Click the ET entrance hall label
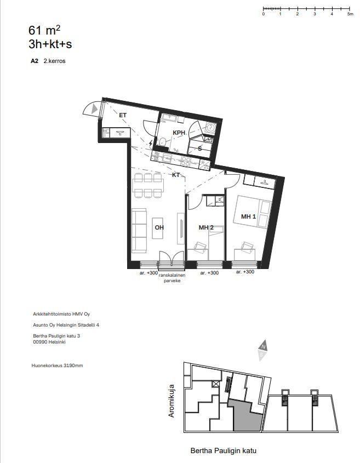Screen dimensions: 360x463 [x=123, y=115]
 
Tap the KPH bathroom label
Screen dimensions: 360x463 [x=179, y=133]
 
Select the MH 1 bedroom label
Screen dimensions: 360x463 [x=248, y=216]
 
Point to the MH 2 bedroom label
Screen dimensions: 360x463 [x=206, y=227]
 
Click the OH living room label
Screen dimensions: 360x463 [x=159, y=227]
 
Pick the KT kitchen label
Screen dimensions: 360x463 [x=176, y=175]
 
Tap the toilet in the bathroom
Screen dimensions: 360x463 [x=162, y=142]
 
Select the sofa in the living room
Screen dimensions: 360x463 [x=139, y=231]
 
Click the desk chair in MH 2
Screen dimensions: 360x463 [x=200, y=247]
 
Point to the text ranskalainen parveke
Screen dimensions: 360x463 [x=172, y=278]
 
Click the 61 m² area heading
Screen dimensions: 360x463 [x=44, y=30]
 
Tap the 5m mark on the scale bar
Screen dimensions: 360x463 [x=350, y=14]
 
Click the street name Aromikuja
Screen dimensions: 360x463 [x=172, y=401]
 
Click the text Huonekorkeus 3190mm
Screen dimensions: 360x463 [x=58, y=365]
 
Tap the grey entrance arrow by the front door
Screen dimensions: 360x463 [x=94, y=108]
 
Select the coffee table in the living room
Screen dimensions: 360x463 [x=157, y=228]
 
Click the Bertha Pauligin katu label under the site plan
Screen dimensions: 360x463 [x=223, y=451]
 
